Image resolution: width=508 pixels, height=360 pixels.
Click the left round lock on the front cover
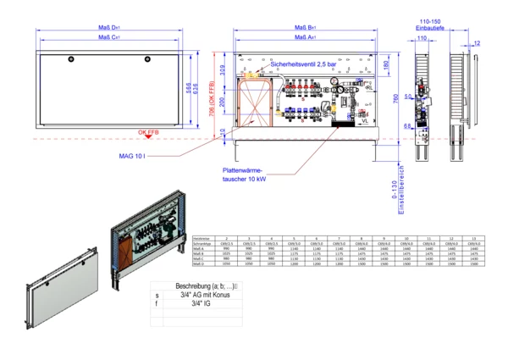click(71, 58)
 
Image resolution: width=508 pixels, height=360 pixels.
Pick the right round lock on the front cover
click(148, 58)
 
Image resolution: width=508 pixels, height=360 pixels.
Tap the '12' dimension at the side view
click(477, 42)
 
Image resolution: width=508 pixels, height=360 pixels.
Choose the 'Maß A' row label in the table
click(202, 247)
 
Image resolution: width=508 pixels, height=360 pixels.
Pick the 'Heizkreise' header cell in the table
click(202, 237)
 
